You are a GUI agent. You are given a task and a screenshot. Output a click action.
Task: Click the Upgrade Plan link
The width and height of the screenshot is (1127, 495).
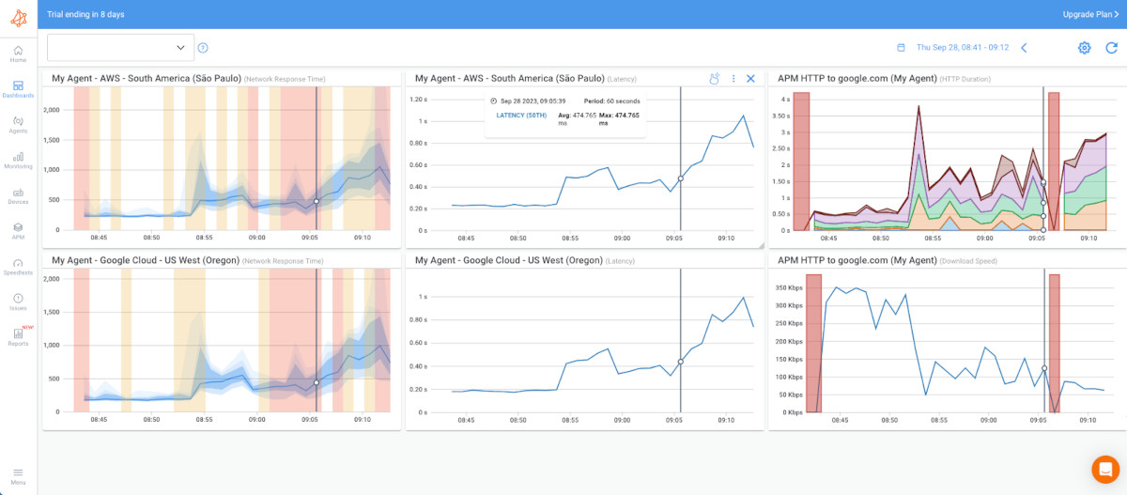(x=1089, y=14)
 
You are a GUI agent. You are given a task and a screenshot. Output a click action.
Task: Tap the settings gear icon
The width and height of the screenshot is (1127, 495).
(x=1084, y=48)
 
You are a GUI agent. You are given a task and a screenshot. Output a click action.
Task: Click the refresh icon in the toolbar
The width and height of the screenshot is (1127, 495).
(x=1111, y=48)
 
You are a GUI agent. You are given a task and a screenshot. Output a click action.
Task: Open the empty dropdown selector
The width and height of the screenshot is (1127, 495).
(x=120, y=48)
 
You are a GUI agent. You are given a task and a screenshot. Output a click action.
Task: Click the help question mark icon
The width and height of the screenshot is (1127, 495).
(x=203, y=48)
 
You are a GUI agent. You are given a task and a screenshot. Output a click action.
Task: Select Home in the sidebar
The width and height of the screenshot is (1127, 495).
(x=18, y=54)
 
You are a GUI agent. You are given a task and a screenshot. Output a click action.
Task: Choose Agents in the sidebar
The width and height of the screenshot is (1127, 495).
(x=18, y=125)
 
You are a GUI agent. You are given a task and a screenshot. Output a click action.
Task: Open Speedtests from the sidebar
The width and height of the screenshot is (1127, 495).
(x=18, y=267)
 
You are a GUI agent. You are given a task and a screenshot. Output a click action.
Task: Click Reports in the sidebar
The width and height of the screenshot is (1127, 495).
(x=18, y=337)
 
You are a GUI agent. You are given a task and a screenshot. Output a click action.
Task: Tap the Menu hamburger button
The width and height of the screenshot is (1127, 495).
(x=18, y=475)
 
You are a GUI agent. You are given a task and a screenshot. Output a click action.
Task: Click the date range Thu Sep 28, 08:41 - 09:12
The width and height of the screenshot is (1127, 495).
(x=962, y=48)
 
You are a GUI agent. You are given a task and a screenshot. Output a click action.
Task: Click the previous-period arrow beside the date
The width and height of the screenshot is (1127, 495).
(x=1024, y=48)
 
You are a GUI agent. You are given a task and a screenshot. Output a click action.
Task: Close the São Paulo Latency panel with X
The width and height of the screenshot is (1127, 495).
(x=750, y=79)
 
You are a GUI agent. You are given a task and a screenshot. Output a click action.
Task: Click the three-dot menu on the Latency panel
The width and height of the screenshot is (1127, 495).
(x=733, y=79)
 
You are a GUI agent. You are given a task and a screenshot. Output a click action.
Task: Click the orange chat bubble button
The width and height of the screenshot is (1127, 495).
(x=1105, y=469)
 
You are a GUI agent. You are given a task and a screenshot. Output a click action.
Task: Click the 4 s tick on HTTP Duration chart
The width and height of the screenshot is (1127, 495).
(x=785, y=99)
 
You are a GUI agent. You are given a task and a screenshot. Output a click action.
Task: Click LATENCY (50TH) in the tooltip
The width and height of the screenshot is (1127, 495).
(x=521, y=115)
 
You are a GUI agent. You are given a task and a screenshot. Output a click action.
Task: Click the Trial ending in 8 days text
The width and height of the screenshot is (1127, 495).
(x=85, y=14)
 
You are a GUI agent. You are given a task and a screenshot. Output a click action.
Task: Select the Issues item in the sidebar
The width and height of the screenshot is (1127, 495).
(x=18, y=302)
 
